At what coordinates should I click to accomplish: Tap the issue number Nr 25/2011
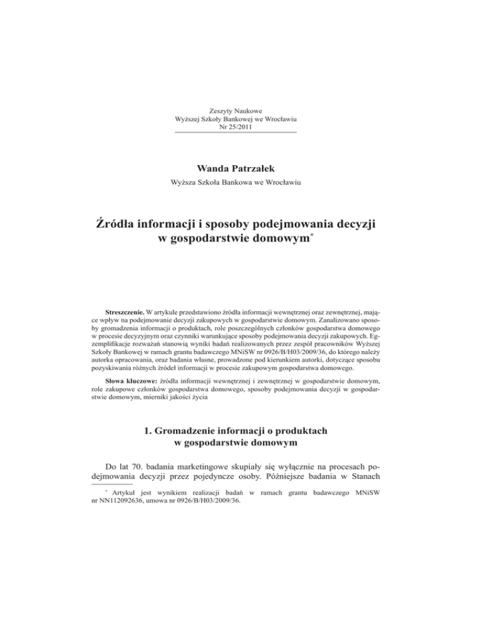tap(235, 127)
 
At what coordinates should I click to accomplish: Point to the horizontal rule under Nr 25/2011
tap(235, 133)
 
